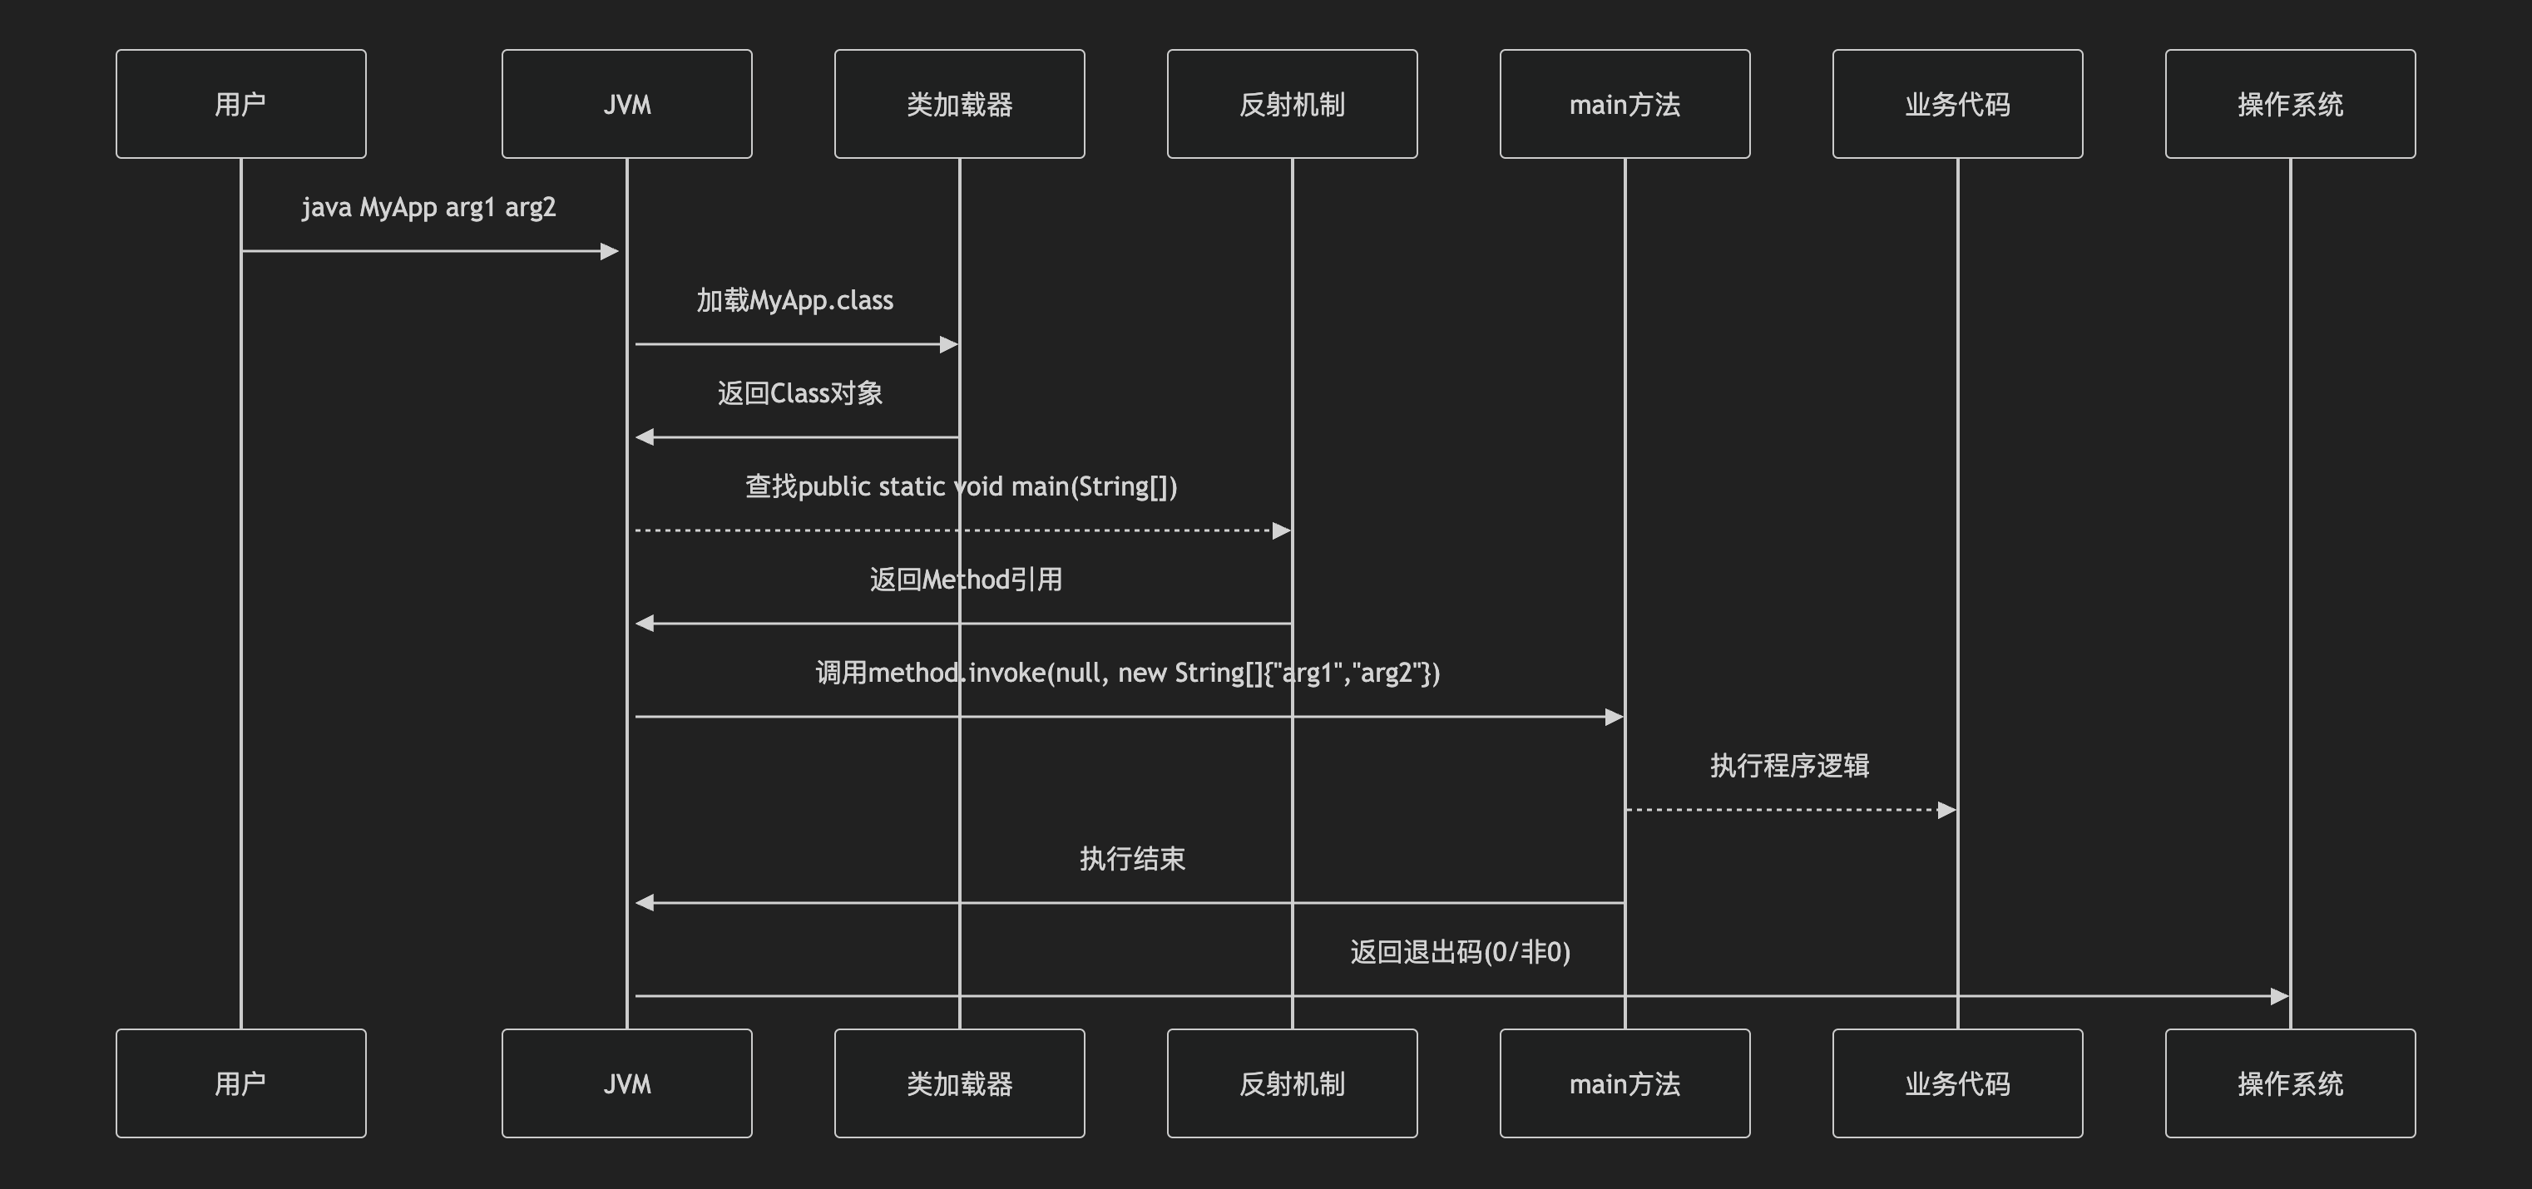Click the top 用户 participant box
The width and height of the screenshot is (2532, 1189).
point(241,104)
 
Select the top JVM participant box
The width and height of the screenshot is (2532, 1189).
point(627,104)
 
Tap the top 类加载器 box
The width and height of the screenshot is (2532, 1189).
point(959,104)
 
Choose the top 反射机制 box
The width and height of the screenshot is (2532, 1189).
point(1292,104)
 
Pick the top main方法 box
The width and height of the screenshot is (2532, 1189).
point(1625,104)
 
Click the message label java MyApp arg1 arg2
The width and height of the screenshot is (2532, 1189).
point(428,207)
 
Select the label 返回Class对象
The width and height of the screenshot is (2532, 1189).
point(799,393)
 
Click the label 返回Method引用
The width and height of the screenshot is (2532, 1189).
point(965,580)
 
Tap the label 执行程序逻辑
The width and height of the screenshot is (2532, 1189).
point(1789,766)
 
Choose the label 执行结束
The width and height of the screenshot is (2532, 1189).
point(1132,859)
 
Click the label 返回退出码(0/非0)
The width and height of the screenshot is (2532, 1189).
point(1460,952)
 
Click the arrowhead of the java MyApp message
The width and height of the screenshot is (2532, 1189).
point(610,252)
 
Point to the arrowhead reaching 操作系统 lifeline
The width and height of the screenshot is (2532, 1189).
point(2279,996)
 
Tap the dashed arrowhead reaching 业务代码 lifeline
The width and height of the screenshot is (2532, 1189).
point(1946,811)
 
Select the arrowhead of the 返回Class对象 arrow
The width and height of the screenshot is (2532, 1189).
point(645,437)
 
